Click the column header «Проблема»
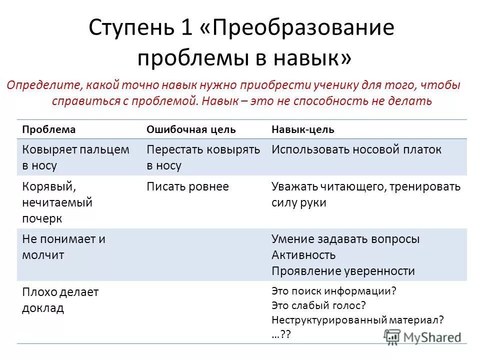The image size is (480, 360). [x=49, y=129]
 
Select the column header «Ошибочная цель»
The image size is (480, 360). [x=191, y=129]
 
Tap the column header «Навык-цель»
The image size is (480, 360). [x=303, y=129]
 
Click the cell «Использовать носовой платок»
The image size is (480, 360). [x=356, y=149]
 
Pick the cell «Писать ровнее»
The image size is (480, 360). [x=188, y=187]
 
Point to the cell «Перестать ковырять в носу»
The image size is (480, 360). [x=203, y=157]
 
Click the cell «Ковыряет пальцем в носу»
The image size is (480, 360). [x=69, y=157]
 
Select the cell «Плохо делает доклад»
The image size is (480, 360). [x=60, y=300]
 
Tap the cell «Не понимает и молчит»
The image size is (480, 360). [x=64, y=246]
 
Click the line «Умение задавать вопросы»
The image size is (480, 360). [x=345, y=239]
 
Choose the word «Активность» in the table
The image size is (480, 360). [x=303, y=255]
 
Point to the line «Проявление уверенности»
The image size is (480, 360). [x=343, y=271]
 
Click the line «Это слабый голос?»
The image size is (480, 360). [x=319, y=304]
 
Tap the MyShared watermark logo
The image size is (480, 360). [x=422, y=336]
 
